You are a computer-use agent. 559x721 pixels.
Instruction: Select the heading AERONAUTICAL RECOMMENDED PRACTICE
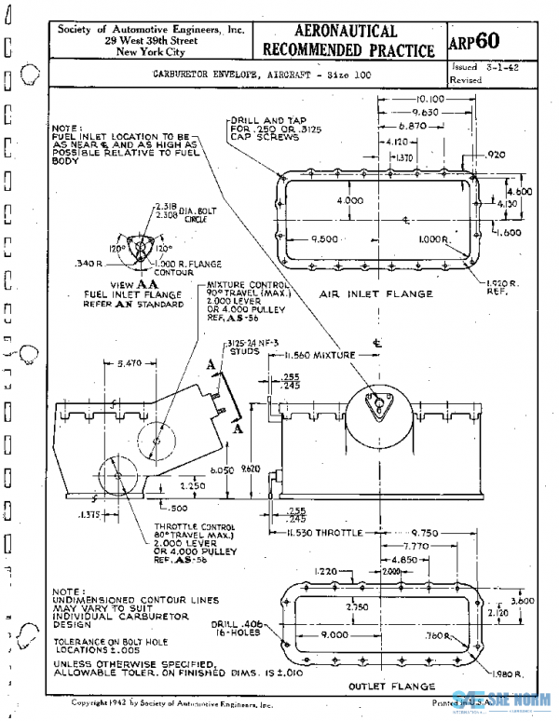pos(348,41)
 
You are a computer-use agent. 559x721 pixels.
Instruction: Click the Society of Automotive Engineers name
pos(151,30)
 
